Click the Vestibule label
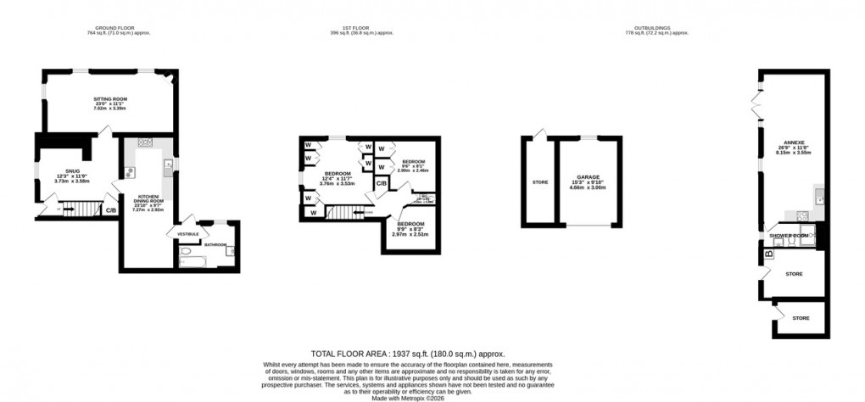tap(188, 232)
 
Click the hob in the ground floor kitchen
tap(144, 142)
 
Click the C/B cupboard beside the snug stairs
tap(110, 209)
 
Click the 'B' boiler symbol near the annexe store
tap(768, 253)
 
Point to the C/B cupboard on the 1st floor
tap(382, 183)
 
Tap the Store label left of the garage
tap(539, 181)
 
